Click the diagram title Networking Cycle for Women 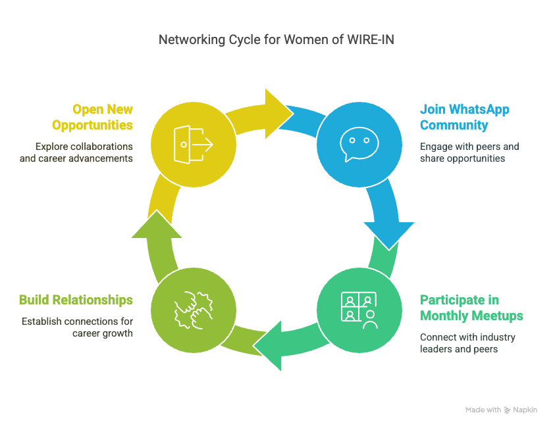point(276,40)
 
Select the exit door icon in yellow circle point(193,142)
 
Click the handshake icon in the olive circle point(193,308)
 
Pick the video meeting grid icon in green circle point(359,308)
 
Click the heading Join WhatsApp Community point(464,117)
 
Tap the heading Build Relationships point(76,300)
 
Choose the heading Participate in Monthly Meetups point(471,308)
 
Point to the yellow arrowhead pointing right point(276,105)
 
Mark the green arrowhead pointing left point(271,345)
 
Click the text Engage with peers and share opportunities point(469,153)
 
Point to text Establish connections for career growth point(77,327)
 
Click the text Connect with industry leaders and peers point(467,343)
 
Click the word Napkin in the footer point(525,410)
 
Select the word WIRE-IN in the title point(370,40)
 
